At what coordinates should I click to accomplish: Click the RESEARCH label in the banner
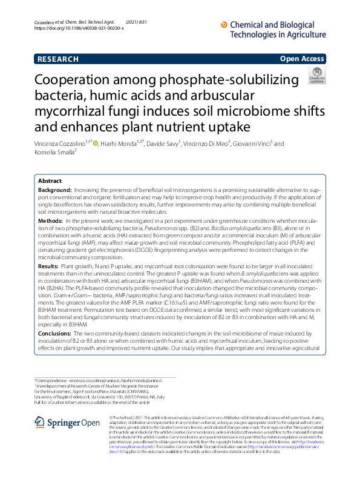57,59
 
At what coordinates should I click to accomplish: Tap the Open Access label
302,59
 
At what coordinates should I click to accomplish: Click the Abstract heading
50,181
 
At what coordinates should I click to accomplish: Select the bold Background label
56,191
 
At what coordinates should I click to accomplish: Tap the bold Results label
49,266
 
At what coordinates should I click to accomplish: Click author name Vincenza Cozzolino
60,144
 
